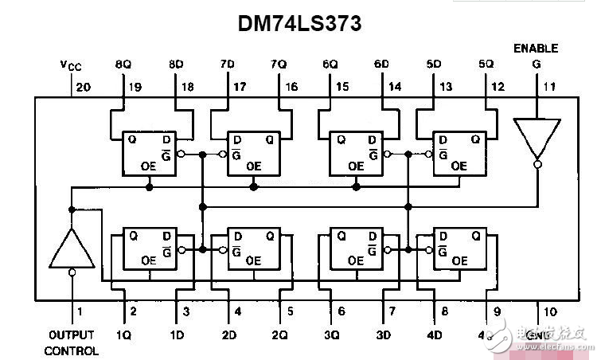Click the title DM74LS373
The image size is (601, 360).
click(x=300, y=23)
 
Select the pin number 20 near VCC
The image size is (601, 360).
click(x=80, y=87)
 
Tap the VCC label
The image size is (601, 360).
click(x=72, y=64)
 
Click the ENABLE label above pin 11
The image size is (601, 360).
click(x=535, y=49)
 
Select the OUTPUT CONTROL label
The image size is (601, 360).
click(x=72, y=342)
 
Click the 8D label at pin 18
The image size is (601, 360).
click(x=175, y=64)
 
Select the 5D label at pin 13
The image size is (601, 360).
click(x=434, y=64)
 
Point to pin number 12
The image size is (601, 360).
click(x=498, y=87)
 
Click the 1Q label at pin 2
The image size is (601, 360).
click(x=123, y=335)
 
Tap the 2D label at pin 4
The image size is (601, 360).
click(x=228, y=335)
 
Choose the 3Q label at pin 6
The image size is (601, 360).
click(x=332, y=335)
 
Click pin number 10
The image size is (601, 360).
click(x=550, y=311)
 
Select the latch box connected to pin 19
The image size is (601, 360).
click(x=148, y=153)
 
